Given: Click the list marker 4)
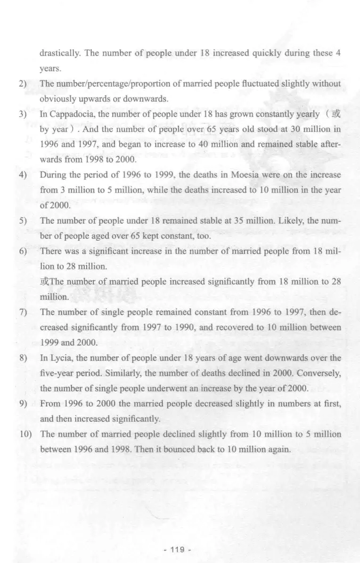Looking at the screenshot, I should pos(22,176).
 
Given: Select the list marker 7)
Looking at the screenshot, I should pos(22,312).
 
